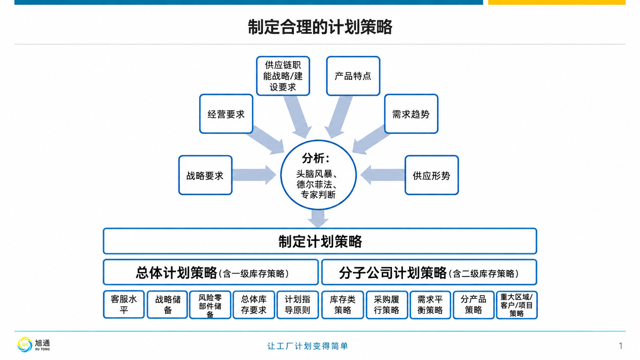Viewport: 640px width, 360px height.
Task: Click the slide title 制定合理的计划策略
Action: point(320,27)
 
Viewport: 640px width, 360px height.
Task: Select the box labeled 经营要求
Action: point(226,114)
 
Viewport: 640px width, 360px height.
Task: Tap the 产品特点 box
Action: point(353,76)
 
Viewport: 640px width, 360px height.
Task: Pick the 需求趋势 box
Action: point(411,114)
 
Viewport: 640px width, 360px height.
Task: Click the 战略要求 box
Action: point(205,175)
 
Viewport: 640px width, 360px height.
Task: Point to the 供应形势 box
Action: point(431,175)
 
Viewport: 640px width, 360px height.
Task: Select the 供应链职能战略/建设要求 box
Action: point(283,76)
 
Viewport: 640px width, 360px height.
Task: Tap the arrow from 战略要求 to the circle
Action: point(254,175)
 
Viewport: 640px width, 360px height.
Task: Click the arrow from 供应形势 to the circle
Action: point(382,175)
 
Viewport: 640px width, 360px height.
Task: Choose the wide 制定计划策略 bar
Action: point(320,241)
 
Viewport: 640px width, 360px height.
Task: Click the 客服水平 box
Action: point(124,305)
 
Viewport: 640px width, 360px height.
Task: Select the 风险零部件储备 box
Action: point(210,305)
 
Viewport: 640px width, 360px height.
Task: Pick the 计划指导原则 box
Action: point(297,305)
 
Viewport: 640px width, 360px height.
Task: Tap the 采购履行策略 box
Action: point(387,305)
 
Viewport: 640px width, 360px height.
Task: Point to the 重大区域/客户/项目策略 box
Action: point(517,305)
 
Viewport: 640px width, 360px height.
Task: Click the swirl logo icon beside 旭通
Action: point(24,345)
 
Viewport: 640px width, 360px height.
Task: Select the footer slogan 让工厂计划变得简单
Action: point(308,346)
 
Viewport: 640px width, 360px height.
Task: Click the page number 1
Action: point(620,346)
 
